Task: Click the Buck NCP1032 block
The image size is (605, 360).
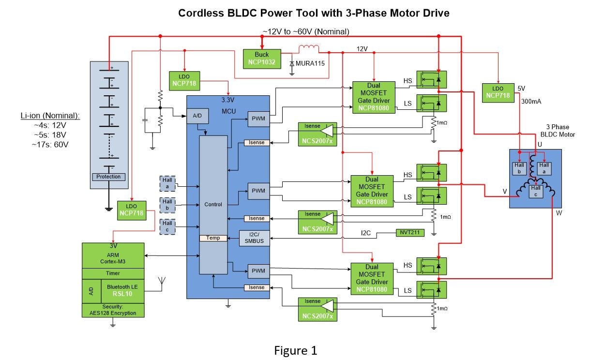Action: pos(262,59)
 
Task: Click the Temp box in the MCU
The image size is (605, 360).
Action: pos(213,238)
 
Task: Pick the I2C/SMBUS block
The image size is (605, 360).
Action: pos(255,238)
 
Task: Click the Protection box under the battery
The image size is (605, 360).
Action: pos(108,177)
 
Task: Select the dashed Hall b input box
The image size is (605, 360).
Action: pos(167,205)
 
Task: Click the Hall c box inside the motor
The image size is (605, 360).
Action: pos(535,191)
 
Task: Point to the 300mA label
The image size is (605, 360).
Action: pos(528,103)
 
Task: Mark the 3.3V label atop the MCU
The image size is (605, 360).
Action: pos(227,100)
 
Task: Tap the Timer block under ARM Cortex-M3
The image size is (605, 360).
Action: pos(113,273)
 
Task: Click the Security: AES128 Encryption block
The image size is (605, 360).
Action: pos(113,310)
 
